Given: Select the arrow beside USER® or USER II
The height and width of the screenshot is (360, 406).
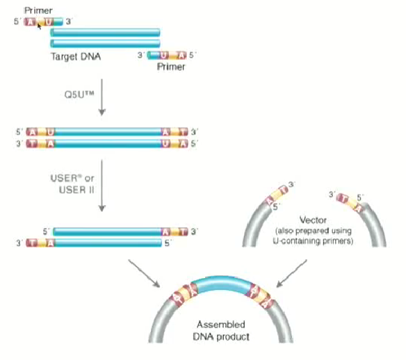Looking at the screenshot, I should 103,186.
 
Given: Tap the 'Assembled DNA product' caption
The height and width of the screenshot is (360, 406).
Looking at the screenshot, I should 221,331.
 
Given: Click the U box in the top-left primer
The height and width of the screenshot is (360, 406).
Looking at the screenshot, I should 48,22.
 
